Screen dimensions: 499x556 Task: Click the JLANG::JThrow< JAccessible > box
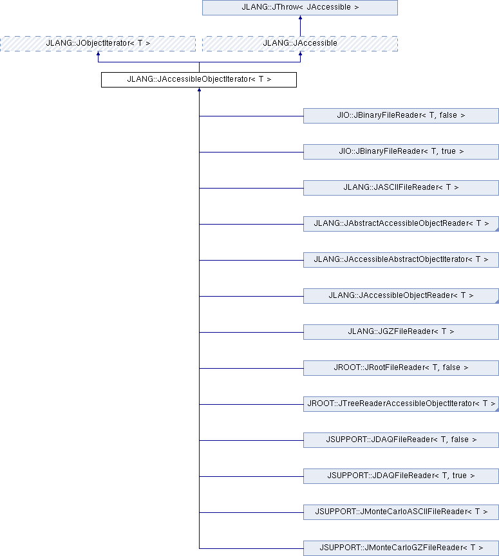(300, 8)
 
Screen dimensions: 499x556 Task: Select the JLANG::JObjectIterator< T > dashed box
(98, 44)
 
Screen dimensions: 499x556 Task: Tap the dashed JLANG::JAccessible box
(300, 44)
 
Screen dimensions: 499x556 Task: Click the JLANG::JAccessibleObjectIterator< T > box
(199, 80)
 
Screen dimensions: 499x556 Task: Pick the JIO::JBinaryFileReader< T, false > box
(401, 116)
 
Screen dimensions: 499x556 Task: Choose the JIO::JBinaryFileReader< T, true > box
(401, 152)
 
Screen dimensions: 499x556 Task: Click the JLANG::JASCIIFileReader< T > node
(401, 188)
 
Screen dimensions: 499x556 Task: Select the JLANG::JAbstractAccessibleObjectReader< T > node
(401, 224)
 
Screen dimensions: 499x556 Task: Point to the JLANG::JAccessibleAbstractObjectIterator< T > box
(401, 260)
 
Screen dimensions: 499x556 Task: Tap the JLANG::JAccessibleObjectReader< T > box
(401, 296)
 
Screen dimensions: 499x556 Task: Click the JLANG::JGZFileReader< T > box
(401, 332)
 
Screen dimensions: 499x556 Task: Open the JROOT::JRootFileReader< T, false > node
(401, 368)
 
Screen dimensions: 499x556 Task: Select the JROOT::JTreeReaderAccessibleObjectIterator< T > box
(401, 404)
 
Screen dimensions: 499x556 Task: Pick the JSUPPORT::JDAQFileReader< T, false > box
(401, 440)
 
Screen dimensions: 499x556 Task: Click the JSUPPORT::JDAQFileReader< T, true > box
(401, 476)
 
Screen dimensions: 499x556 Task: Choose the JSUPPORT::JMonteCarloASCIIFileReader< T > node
(401, 512)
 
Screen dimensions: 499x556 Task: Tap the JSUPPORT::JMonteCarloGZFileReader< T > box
(401, 548)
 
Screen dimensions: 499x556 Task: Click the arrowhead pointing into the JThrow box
(300, 17)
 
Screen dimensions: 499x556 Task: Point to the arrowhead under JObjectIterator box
(99, 53)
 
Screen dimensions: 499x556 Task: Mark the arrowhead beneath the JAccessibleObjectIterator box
(199, 89)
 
